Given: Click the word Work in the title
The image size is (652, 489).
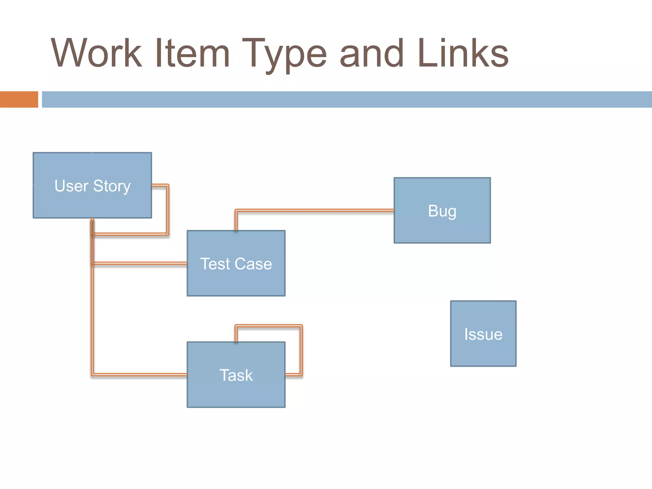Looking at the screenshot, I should tap(96, 53).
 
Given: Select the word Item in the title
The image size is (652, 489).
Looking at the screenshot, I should tap(192, 53).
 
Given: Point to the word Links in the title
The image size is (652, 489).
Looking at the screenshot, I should tap(463, 53).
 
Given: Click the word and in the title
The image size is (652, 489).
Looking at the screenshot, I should tap(372, 53).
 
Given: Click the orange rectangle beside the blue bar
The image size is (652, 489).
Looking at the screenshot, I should tap(19, 99).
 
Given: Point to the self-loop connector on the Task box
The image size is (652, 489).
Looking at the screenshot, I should tap(301, 350).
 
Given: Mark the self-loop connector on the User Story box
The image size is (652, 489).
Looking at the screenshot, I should tap(167, 210).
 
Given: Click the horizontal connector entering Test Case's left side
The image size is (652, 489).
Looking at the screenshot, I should tap(140, 263).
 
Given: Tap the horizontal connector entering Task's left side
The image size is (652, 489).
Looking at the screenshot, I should tap(140, 375).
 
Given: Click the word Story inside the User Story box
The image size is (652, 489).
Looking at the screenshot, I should tap(112, 186).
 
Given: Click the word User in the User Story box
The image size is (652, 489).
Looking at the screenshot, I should tap(71, 186).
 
